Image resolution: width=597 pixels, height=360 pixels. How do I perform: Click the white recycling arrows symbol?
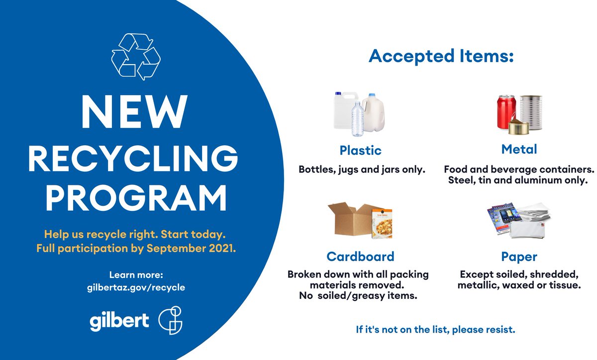136,56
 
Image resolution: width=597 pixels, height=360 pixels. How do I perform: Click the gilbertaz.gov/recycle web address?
136,288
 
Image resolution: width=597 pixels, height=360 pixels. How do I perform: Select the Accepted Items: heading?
441,56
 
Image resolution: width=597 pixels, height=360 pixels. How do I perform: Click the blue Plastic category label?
361,150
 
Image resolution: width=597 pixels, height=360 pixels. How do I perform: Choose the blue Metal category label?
519,149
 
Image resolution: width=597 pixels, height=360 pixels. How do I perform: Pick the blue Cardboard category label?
360,256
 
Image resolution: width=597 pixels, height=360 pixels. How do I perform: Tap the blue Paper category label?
519,257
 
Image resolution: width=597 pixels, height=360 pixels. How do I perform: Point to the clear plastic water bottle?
357,119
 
